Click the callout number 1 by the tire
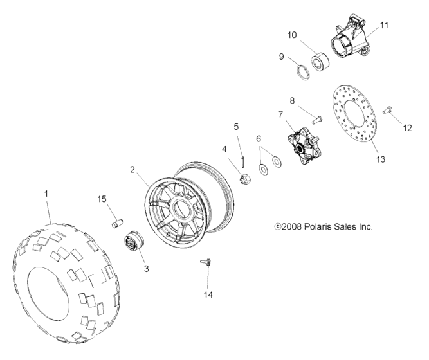point(46,192)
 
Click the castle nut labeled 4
point(244,178)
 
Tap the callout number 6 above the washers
point(259,138)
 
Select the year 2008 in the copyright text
point(292,227)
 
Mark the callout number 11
point(385,25)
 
